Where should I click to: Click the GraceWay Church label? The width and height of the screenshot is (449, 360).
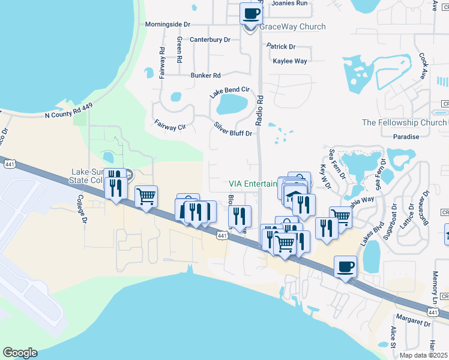(292, 27)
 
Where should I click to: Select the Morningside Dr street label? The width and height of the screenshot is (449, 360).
(167, 25)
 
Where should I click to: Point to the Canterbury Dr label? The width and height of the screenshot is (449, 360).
(210, 40)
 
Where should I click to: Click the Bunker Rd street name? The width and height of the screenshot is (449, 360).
(206, 76)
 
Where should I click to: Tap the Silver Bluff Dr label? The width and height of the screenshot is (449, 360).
(233, 129)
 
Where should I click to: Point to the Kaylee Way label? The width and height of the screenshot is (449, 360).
(290, 61)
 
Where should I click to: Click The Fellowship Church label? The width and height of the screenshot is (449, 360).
(404, 123)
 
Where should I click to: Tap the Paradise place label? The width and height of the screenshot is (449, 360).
(406, 137)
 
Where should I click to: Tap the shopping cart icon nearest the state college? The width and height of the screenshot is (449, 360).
(146, 196)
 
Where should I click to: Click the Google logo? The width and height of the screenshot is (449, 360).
(19, 353)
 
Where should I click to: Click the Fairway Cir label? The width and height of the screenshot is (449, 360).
(169, 124)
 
